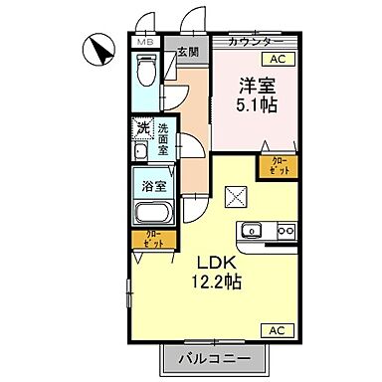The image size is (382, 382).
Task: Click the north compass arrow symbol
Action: point(99,47)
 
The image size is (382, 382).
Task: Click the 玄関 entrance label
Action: point(186,52)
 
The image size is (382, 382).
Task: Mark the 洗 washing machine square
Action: point(141,127)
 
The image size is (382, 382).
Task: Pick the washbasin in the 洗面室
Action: point(140,151)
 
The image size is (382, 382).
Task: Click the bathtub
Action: point(154,213)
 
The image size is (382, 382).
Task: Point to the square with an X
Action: point(236,196)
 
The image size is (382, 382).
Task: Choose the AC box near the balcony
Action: point(276,329)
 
